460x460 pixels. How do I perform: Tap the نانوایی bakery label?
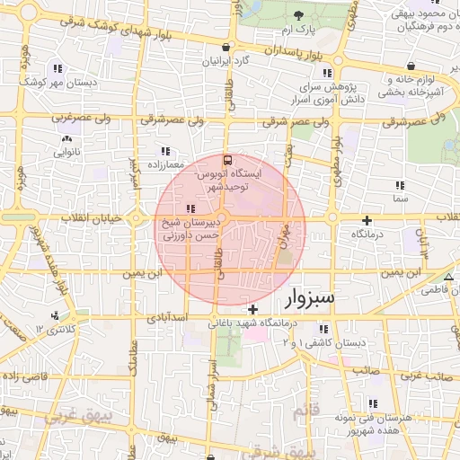[66, 152]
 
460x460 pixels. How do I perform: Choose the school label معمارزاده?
[164, 164]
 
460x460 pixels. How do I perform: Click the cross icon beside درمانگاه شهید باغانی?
[253, 309]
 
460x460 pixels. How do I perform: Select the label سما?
[400, 196]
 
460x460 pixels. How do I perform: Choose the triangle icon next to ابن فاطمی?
[448, 276]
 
